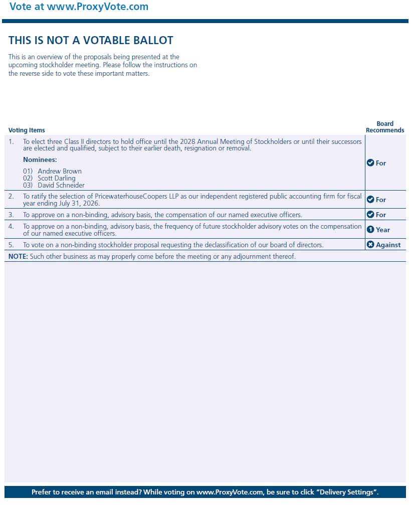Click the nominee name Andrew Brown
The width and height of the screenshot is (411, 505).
[x=59, y=172]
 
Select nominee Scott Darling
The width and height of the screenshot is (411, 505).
[x=56, y=179]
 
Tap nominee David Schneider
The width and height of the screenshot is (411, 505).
[x=61, y=186]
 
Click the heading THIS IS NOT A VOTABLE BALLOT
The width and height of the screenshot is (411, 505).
[x=91, y=41]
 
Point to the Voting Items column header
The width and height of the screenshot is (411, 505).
[x=27, y=130]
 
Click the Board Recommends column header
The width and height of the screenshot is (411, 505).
[x=385, y=127]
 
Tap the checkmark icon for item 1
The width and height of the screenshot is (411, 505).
[x=370, y=163]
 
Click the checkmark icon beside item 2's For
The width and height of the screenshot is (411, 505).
[x=370, y=200]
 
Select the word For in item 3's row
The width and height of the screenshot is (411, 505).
[x=381, y=215]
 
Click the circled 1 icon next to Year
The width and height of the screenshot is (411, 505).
[x=370, y=230]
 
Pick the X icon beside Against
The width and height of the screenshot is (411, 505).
[x=370, y=245]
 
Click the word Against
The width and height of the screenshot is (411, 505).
[x=388, y=245]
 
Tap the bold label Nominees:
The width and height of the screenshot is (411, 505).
[x=40, y=159]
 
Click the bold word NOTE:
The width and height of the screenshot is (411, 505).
[x=18, y=257]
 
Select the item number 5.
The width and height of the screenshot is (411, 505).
[x=11, y=245]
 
